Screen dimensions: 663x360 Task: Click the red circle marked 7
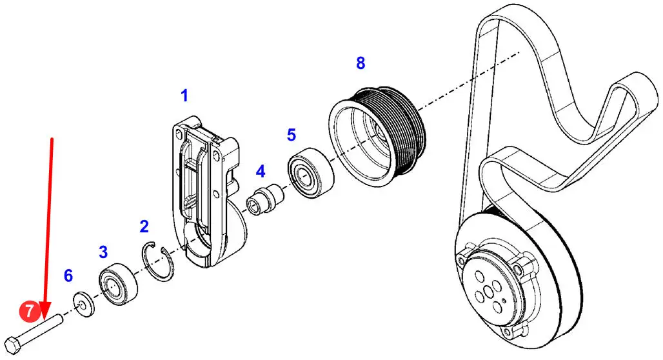tap(29, 312)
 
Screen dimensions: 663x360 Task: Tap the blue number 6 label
tap(68, 276)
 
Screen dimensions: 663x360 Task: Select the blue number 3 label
tap(103, 252)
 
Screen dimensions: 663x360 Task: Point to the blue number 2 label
tap(144, 226)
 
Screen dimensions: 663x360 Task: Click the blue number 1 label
tap(184, 95)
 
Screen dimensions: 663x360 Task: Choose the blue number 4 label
tap(261, 172)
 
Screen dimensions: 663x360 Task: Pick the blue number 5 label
tap(292, 135)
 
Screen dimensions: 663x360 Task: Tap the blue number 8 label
tap(361, 63)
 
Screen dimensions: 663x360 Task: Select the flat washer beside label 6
tap(83, 305)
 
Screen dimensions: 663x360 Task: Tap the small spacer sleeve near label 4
tap(266, 199)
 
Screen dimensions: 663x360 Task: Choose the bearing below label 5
tap(312, 173)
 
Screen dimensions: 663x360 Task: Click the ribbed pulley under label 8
tap(377, 136)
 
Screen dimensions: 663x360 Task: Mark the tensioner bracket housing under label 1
tap(206, 191)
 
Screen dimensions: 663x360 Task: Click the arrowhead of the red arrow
tap(46, 310)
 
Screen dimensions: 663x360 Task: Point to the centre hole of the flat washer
tap(81, 304)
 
